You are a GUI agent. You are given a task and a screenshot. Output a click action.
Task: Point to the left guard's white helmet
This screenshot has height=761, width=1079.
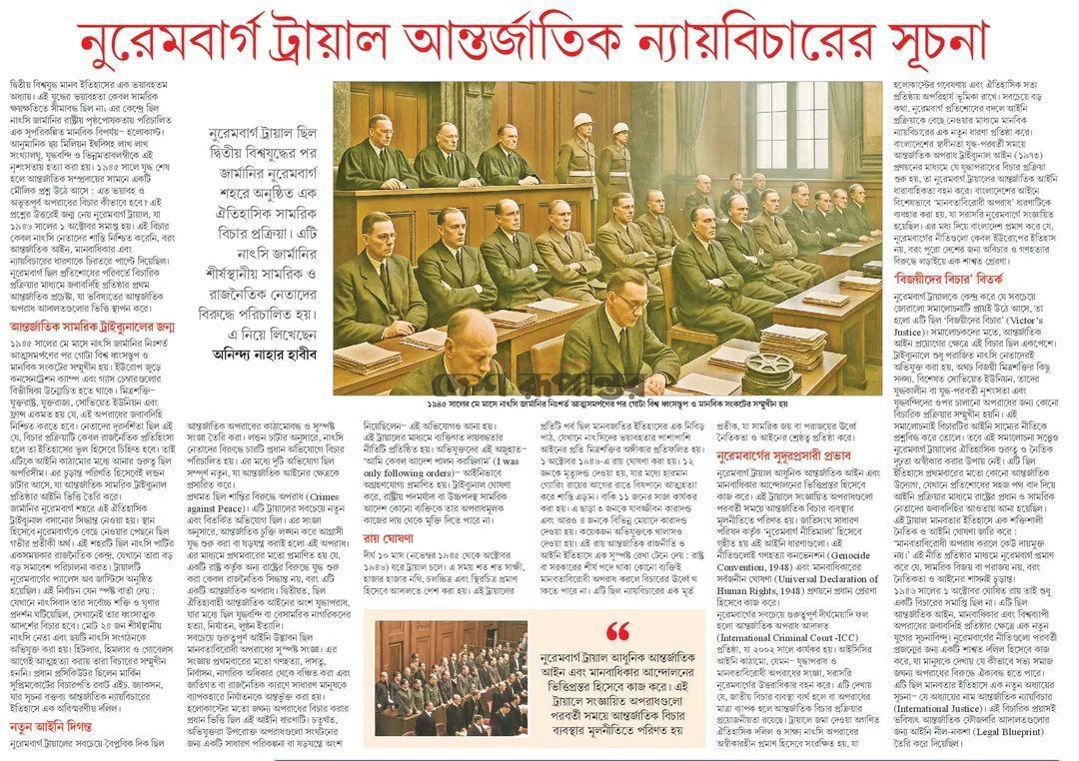click(582, 121)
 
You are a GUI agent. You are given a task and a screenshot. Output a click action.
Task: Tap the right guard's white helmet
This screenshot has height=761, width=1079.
click(620, 129)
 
